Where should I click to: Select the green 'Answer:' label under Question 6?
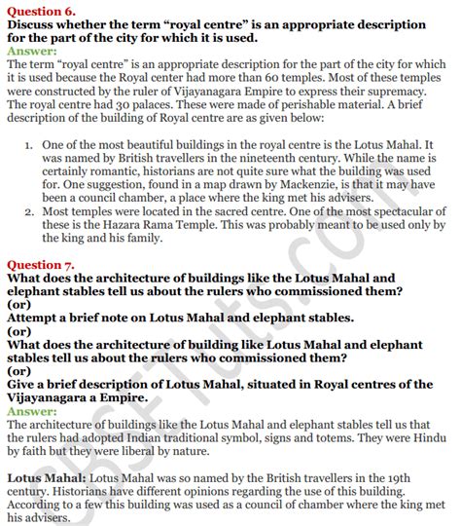tap(32, 50)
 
